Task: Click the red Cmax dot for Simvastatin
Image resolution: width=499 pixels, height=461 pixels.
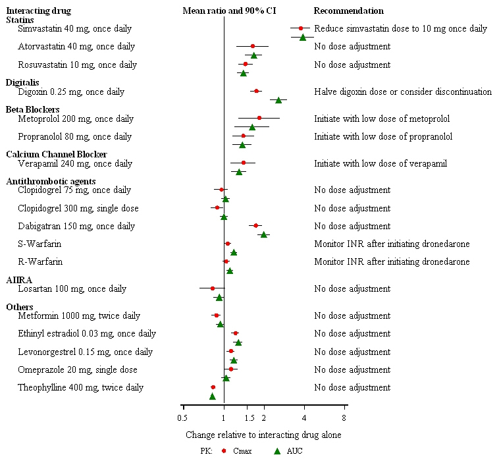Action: (301, 28)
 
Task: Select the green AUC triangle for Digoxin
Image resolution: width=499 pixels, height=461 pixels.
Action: (278, 100)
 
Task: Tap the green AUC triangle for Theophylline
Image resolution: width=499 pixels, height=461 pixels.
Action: (213, 396)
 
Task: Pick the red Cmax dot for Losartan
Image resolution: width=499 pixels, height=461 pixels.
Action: (213, 288)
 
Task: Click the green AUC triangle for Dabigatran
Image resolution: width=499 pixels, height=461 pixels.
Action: (264, 234)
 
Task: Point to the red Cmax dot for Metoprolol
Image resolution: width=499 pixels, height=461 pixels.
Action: (259, 119)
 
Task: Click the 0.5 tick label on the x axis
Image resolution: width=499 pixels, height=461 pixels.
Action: (182, 417)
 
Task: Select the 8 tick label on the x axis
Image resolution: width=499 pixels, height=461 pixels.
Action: (344, 417)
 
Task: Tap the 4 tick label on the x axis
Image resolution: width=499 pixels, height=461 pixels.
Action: (304, 417)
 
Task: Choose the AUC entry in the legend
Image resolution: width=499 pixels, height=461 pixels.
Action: (288, 451)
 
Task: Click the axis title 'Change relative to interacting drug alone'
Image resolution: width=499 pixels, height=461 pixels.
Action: (263, 435)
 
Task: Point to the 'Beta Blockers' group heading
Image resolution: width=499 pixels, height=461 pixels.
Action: (33, 109)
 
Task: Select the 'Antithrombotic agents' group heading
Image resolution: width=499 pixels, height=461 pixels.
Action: (51, 181)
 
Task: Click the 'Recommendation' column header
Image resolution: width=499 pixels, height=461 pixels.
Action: (348, 11)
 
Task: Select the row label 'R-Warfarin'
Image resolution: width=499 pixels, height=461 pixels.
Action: (40, 261)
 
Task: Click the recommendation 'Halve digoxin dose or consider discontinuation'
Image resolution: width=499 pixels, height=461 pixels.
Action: (403, 92)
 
